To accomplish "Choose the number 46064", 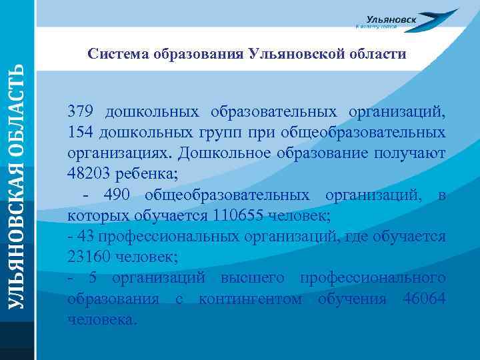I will click(424, 299).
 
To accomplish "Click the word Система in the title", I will click(115, 53).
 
